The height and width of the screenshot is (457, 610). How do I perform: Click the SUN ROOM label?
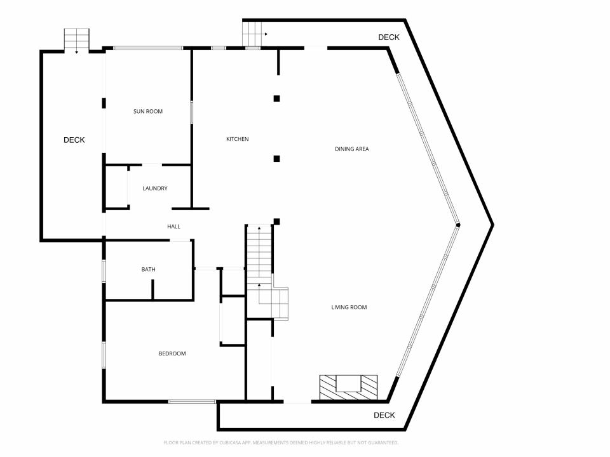[x=148, y=112]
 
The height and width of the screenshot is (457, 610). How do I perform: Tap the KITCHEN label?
[x=237, y=139]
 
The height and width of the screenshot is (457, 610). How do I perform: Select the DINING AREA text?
[x=351, y=149]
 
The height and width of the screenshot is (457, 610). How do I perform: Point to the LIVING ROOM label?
[x=349, y=307]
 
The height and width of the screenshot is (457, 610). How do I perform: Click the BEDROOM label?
[x=172, y=354]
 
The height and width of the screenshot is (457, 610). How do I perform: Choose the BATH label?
[x=148, y=269]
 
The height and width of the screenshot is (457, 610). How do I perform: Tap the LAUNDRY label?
[x=155, y=189]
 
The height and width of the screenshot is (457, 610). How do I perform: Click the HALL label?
[x=173, y=227]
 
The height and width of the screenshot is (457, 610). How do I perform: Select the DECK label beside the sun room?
[x=74, y=140]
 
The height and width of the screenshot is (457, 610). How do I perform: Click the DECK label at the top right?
[x=389, y=37]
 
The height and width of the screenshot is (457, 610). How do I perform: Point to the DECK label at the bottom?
[x=384, y=415]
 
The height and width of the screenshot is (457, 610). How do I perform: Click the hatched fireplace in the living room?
[x=349, y=387]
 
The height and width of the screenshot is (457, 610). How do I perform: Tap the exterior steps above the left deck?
[x=77, y=40]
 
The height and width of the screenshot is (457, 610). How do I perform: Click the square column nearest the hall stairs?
[x=276, y=222]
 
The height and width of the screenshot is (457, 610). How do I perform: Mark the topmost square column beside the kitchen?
[x=276, y=99]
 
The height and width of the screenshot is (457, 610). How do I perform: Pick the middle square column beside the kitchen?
[x=276, y=159]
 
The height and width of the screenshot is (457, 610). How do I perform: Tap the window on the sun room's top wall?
[x=148, y=48]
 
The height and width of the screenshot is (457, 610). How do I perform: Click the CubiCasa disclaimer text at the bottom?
[x=281, y=442]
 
